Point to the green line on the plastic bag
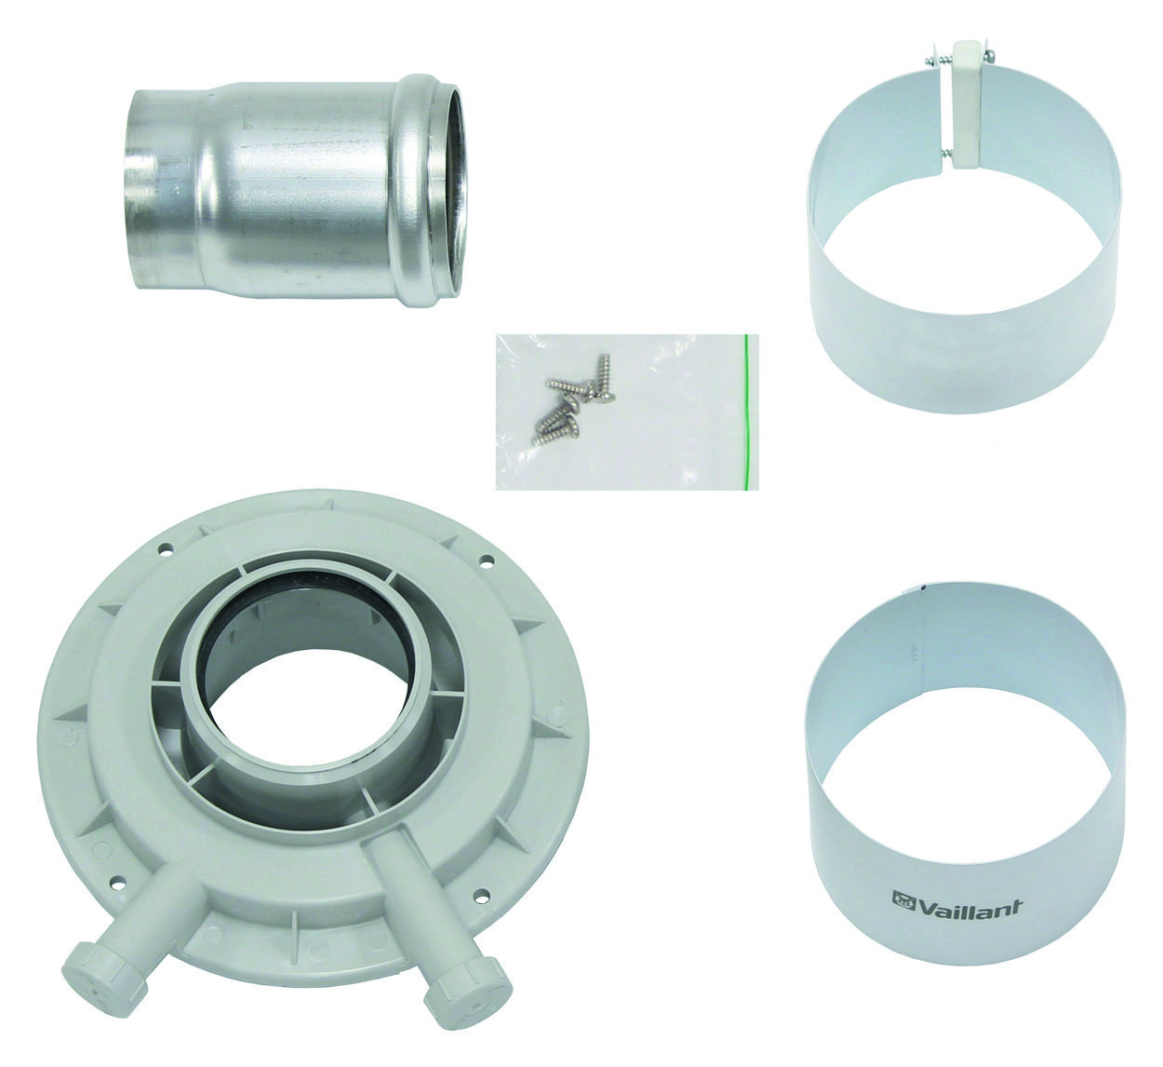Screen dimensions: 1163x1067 [748, 412]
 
